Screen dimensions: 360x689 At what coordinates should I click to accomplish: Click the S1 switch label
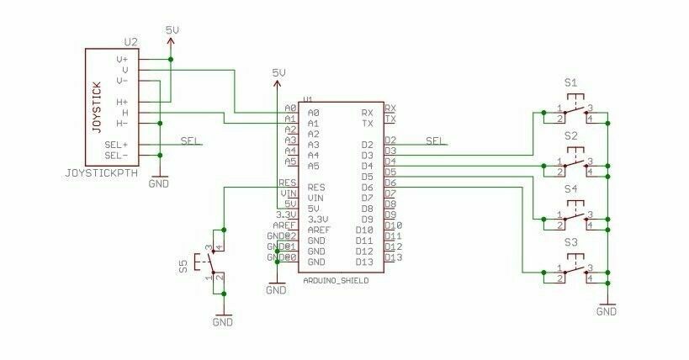[571, 82]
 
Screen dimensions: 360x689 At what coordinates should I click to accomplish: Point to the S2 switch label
[571, 135]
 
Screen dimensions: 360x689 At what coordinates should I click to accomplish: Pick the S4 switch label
[571, 190]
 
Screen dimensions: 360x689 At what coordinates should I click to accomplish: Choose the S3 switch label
[571, 244]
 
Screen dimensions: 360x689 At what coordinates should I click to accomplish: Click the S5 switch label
[183, 267]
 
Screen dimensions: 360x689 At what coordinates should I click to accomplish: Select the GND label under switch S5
[222, 321]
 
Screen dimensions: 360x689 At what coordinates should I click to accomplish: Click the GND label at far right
[606, 310]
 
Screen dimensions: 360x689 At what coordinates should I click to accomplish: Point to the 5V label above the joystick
[172, 30]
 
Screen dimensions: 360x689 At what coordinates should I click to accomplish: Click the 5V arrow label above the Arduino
[278, 73]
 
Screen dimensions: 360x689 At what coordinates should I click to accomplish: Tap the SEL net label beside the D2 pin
[436, 140]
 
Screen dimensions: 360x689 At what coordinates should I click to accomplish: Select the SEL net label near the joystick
[190, 140]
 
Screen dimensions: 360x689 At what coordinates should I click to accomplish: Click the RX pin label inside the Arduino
[367, 112]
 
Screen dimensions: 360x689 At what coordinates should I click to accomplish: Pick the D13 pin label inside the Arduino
[364, 262]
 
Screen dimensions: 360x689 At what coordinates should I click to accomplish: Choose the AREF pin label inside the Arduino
[318, 230]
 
